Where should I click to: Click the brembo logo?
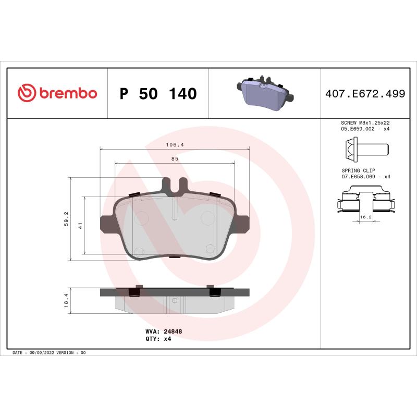click(x=57, y=93)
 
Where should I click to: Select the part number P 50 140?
click(x=158, y=94)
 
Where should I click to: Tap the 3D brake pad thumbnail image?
click(x=265, y=94)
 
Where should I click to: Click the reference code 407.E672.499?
click(x=365, y=94)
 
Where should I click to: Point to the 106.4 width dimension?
click(x=175, y=144)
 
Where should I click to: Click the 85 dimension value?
click(x=175, y=158)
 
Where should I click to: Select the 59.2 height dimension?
click(x=66, y=219)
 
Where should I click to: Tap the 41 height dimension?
click(x=80, y=226)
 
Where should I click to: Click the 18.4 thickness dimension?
click(x=66, y=301)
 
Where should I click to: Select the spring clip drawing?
click(x=365, y=201)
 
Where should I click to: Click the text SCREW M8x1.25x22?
click(x=365, y=122)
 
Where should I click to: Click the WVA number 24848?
click(x=173, y=331)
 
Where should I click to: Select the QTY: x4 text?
click(x=158, y=338)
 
